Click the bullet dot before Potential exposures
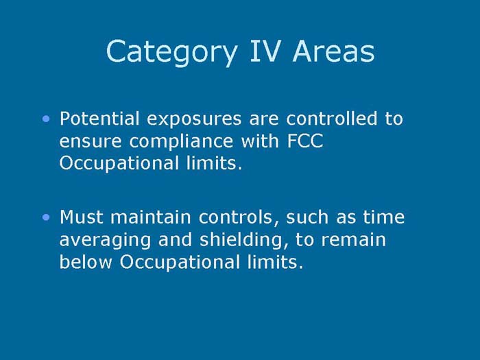click(x=46, y=119)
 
